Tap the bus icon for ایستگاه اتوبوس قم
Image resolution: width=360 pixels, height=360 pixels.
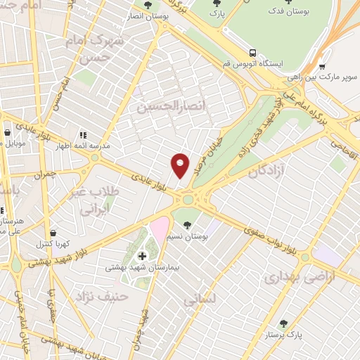(252, 53)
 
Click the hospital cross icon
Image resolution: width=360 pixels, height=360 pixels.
(143, 256)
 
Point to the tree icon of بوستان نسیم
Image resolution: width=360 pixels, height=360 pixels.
(187, 226)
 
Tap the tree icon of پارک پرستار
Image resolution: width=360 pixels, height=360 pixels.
(283, 323)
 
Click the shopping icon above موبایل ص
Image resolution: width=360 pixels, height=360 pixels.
(7, 131)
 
